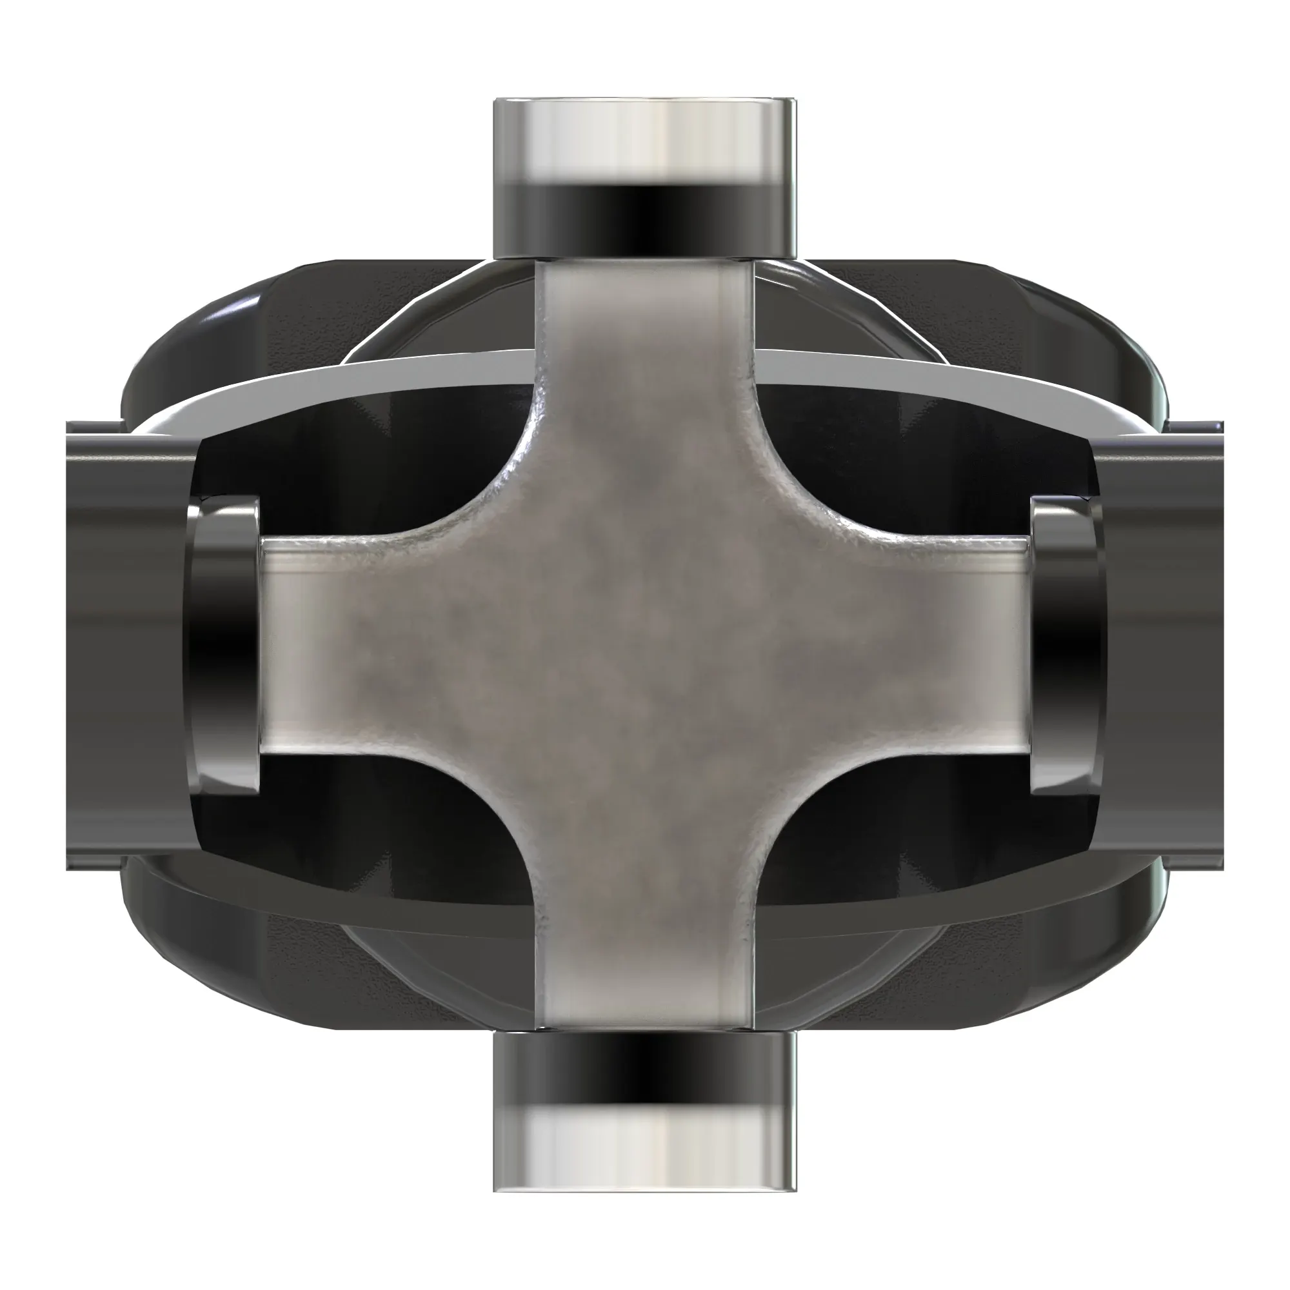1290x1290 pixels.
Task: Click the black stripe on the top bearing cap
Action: [644, 213]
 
